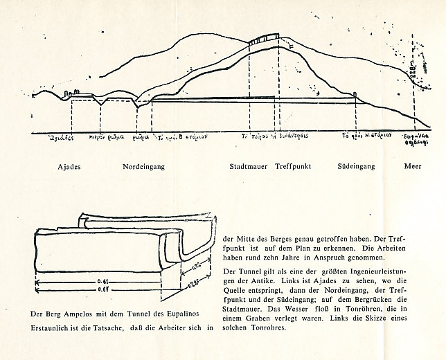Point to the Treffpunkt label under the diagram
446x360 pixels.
(x=294, y=168)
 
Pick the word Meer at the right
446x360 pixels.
(x=413, y=168)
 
